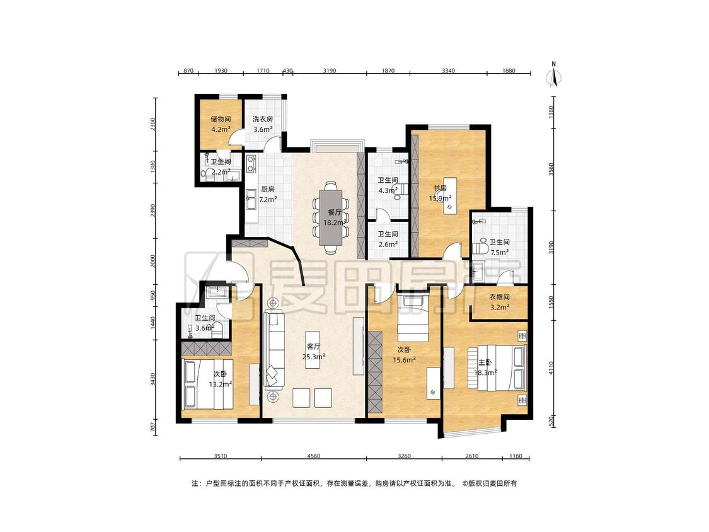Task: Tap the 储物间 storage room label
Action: (x=221, y=119)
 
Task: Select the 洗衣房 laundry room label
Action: (x=263, y=119)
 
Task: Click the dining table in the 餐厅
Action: (x=331, y=217)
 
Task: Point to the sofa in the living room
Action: (x=273, y=350)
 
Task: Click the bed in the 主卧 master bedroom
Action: (x=497, y=367)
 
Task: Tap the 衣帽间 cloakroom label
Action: (x=500, y=298)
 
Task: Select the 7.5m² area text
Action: (x=500, y=253)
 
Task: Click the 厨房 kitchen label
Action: (x=268, y=190)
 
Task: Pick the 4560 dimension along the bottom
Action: (x=313, y=456)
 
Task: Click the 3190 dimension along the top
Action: (x=329, y=71)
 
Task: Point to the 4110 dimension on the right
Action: (x=551, y=367)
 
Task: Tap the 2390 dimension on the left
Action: (x=153, y=211)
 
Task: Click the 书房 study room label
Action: (x=440, y=188)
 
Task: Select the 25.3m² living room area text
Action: (x=314, y=357)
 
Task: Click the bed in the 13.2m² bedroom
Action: (x=207, y=384)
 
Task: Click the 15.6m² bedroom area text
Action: (x=404, y=360)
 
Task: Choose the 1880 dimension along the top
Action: (x=509, y=71)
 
